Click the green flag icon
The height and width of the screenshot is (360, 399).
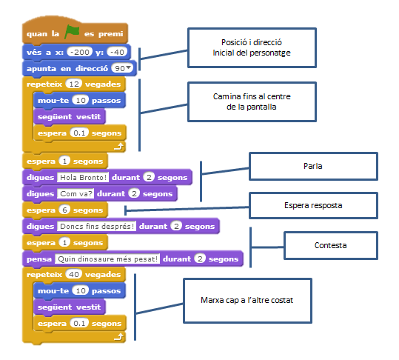(72, 32)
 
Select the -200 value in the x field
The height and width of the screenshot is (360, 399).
(80, 52)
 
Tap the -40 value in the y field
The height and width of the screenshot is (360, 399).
(117, 52)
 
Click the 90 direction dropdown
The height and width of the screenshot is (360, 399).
(122, 68)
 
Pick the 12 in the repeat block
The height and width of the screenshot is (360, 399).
(74, 84)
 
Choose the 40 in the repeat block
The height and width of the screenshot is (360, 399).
(74, 275)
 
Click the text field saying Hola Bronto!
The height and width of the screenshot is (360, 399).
(83, 178)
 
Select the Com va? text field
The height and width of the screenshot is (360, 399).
(76, 194)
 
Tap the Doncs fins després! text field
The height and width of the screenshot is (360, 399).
(97, 227)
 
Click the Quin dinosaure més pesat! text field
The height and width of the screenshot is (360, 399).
(107, 259)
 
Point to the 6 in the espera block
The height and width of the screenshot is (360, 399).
(64, 210)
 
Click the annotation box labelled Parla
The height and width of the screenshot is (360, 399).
(313, 166)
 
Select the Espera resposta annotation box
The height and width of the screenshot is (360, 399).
(313, 205)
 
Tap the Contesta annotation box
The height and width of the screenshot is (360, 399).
(331, 245)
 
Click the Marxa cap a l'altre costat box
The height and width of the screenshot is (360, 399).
(247, 301)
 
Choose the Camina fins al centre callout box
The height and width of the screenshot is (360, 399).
(252, 101)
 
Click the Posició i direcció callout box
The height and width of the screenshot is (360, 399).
(252, 47)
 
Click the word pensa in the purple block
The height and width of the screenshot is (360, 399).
(39, 259)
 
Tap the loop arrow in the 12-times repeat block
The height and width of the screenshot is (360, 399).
(118, 147)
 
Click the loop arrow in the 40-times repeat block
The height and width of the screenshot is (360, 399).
(118, 337)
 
